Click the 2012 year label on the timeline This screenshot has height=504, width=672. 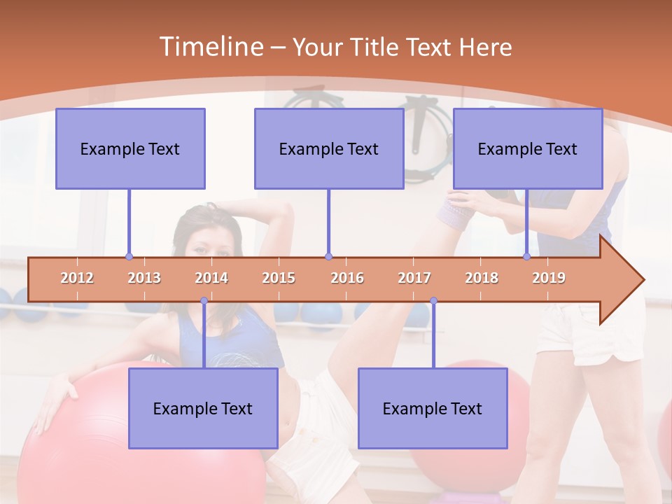[x=77, y=278]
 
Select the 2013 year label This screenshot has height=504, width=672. [x=144, y=278]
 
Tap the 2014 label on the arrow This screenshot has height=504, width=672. [x=211, y=278]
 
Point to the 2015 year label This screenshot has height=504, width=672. [x=279, y=278]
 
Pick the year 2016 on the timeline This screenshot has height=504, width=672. [x=347, y=278]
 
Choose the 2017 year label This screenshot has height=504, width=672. [x=414, y=278]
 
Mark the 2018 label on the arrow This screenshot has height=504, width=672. [x=482, y=278]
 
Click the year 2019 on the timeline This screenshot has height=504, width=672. [x=549, y=278]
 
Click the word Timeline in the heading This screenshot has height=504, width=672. [x=209, y=47]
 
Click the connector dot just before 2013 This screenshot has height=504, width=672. [x=129, y=257]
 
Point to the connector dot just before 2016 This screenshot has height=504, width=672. [x=328, y=257]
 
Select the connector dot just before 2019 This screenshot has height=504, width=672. [x=527, y=257]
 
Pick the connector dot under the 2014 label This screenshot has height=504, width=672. [x=204, y=301]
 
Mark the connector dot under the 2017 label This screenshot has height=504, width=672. [x=433, y=301]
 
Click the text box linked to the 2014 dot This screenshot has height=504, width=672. [x=203, y=408]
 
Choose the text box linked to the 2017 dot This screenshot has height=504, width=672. [x=433, y=408]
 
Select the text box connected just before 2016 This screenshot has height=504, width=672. [x=329, y=148]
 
